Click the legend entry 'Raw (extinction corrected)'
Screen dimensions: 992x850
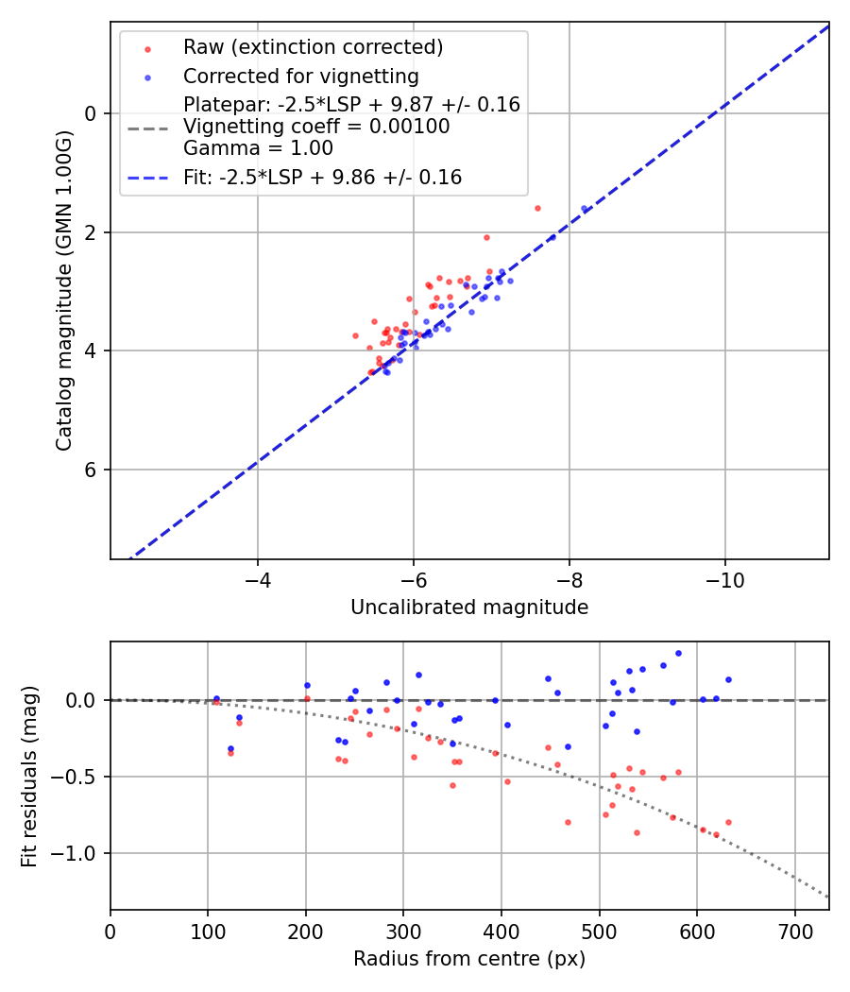point(314,47)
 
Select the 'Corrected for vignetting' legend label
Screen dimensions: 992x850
point(301,76)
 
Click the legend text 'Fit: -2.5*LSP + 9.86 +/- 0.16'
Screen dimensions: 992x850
point(322,177)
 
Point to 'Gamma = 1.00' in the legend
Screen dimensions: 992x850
point(258,148)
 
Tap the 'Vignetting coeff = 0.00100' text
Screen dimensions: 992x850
point(316,127)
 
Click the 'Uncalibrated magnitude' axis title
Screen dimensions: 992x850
point(469,607)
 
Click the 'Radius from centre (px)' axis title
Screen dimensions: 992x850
point(469,959)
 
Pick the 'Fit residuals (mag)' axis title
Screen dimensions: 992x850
point(30,776)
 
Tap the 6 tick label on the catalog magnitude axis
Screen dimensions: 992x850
point(91,470)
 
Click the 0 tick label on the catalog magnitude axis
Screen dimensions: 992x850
point(91,113)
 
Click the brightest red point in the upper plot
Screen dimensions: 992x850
point(537,208)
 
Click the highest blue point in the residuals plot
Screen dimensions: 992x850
point(678,653)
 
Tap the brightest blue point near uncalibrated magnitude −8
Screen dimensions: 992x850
point(584,209)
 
